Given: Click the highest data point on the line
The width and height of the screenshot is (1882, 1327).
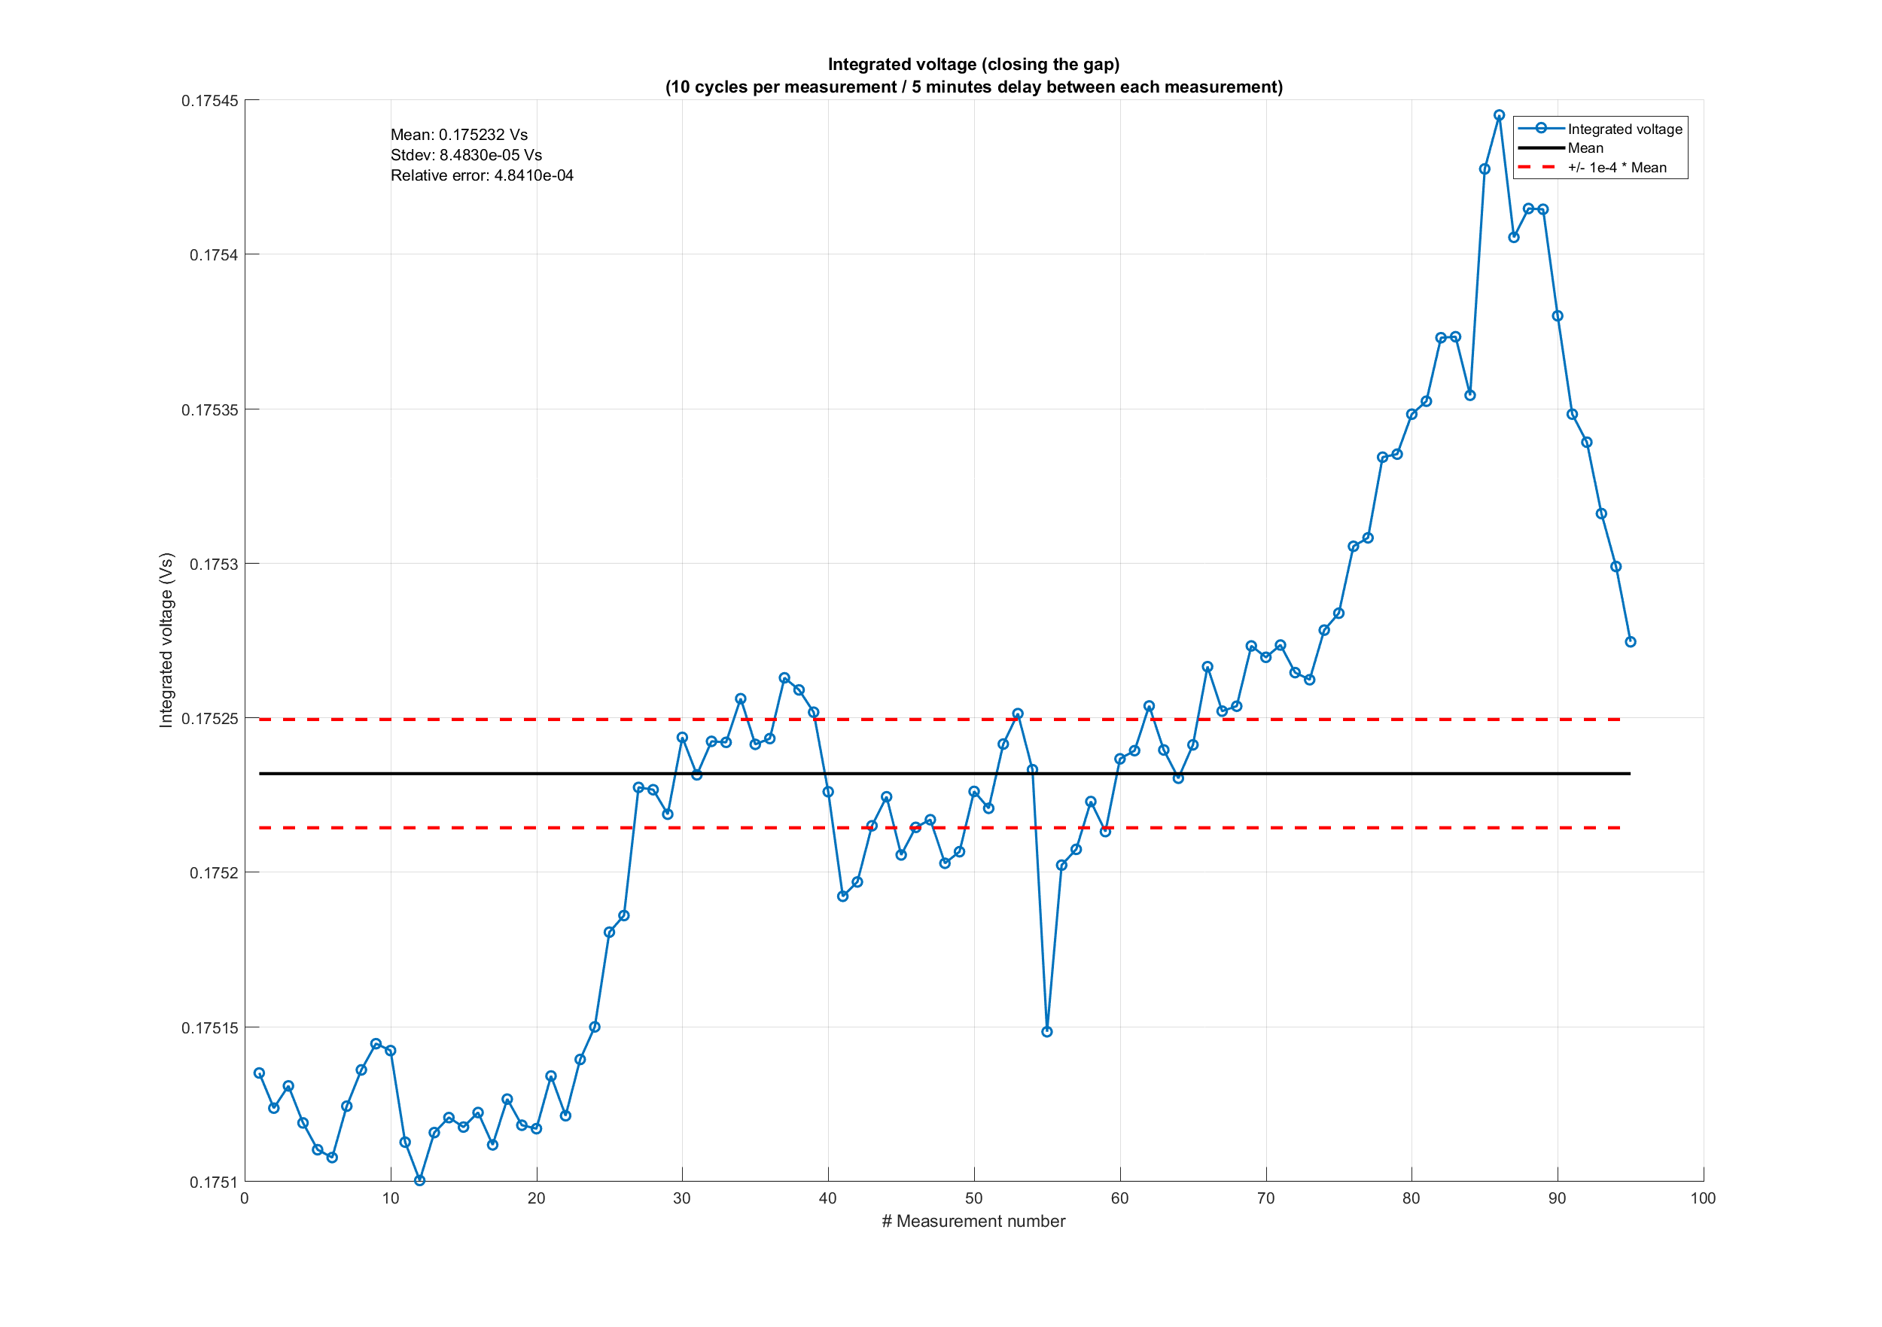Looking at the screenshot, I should point(1500,116).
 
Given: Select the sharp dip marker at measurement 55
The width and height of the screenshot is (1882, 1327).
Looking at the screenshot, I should point(1046,1032).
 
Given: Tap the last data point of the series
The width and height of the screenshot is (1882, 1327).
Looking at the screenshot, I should point(1631,642).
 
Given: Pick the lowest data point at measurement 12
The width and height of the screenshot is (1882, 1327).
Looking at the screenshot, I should point(419,1180).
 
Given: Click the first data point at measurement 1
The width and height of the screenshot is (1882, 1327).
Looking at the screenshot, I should point(259,1073).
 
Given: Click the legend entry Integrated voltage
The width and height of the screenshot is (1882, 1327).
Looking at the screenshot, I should point(1625,129).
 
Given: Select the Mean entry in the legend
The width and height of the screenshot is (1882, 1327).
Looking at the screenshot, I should point(1585,148).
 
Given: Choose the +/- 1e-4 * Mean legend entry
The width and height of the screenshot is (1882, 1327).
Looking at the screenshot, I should point(1616,168).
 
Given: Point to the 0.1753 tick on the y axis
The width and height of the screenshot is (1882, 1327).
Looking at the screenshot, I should point(213,564).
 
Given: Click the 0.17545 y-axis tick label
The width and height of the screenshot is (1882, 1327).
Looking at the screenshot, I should point(209,101).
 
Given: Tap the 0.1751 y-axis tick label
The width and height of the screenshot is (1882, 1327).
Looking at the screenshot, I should point(213,1182).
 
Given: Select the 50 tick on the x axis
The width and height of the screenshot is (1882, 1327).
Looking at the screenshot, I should point(974,1198).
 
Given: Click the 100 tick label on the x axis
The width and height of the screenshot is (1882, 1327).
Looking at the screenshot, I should point(1703,1198).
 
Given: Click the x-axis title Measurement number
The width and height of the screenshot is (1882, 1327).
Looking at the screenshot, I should point(974,1222).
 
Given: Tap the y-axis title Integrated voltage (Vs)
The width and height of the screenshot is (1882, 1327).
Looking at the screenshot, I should point(166,640).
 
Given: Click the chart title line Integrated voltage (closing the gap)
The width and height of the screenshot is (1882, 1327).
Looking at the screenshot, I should point(974,65).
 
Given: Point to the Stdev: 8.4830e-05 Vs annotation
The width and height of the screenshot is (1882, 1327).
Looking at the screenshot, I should point(465,155).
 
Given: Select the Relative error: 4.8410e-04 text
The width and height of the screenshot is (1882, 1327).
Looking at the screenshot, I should point(482,175).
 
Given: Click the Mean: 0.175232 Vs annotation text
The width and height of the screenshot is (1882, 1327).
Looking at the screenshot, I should point(459,135).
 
